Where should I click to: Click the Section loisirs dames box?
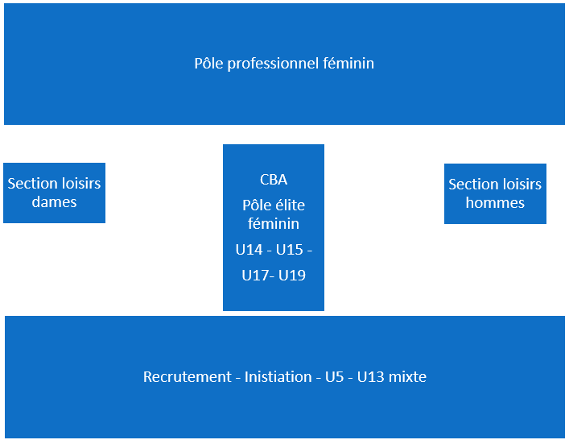click(55, 193)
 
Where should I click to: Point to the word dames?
click(54, 202)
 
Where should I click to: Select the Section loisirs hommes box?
click(495, 193)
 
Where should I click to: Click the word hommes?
click(495, 203)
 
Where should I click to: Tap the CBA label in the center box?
click(274, 180)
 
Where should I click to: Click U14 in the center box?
click(249, 250)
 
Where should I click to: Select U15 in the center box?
click(289, 250)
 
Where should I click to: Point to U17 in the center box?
click(255, 276)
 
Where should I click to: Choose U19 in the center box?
click(292, 276)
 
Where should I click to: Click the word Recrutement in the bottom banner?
click(188, 377)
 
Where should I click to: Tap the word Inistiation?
click(278, 377)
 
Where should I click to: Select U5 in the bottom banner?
click(334, 377)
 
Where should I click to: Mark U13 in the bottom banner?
click(371, 377)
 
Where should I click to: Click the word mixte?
click(407, 377)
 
